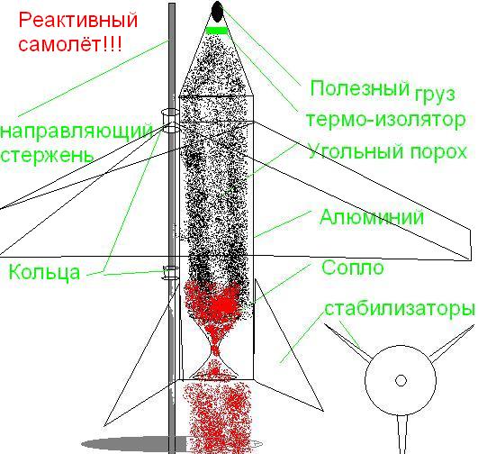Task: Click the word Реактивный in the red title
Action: click(x=78, y=21)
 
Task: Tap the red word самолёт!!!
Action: click(x=70, y=43)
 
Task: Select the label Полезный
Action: click(x=360, y=88)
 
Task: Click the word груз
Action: click(x=435, y=95)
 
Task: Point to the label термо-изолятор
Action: click(x=386, y=120)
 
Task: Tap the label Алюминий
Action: click(x=372, y=217)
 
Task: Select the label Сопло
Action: click(x=353, y=268)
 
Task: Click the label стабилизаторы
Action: click(x=400, y=309)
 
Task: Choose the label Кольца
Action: click(x=44, y=272)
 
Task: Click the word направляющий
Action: click(x=77, y=132)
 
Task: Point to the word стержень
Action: click(x=46, y=156)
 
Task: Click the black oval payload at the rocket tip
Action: click(x=217, y=12)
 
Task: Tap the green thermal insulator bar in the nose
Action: click(x=217, y=31)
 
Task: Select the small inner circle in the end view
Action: click(x=401, y=380)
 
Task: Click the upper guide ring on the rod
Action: click(x=170, y=121)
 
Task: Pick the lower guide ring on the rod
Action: click(x=171, y=272)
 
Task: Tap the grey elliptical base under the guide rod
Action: click(x=172, y=443)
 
